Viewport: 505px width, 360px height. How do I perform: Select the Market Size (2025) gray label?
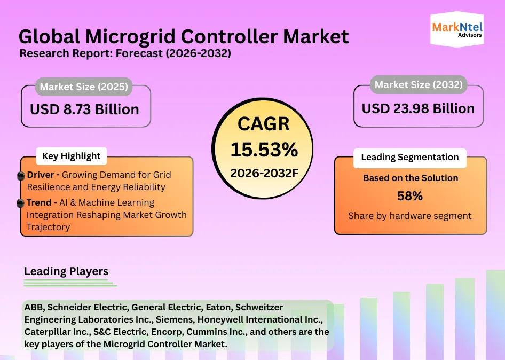[x=84, y=87]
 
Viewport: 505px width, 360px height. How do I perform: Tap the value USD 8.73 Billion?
[x=84, y=109]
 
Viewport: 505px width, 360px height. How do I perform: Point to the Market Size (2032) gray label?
[x=419, y=84]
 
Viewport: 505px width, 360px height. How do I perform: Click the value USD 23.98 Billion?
[x=418, y=108]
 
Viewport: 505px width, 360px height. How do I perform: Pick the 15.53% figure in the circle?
[x=264, y=150]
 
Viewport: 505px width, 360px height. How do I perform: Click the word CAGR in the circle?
[x=264, y=124]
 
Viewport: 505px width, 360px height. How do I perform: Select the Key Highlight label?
[x=71, y=156]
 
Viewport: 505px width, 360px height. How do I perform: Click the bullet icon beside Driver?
[x=21, y=176]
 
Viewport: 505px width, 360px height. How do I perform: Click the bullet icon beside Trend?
[x=21, y=203]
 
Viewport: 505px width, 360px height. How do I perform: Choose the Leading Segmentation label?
[x=409, y=157]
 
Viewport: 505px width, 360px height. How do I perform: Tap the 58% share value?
[x=409, y=196]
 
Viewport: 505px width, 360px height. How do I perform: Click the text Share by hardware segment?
[x=409, y=216]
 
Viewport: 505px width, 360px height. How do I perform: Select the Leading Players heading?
[x=66, y=271]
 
